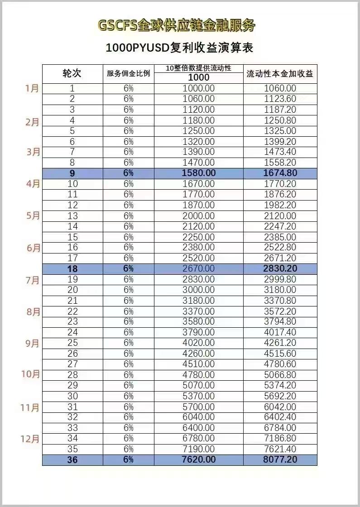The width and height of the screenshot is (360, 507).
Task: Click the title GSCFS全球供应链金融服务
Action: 176,25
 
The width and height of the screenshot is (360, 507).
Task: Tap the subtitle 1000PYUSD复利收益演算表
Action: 179,48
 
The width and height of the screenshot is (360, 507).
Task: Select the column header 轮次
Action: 72,74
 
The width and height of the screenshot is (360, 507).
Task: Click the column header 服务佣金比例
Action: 128,74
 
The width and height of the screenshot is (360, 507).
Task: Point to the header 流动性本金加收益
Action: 280,74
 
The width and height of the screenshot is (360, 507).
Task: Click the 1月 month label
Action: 32,88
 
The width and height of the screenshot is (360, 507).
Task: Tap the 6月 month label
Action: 33,248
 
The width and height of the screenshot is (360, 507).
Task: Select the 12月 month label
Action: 30,439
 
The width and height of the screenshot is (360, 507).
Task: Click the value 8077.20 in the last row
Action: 280,459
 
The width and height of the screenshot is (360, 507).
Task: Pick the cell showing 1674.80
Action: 280,173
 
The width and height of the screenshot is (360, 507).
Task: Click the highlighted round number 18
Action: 72,268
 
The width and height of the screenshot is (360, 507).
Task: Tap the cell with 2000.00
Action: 198,215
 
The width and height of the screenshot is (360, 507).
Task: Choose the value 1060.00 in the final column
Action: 280,88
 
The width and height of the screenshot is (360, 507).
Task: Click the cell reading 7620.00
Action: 198,459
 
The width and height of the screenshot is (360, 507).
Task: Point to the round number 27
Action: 72,364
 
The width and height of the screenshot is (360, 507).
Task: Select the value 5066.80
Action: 280,375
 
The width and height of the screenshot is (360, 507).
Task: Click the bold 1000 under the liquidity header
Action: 198,77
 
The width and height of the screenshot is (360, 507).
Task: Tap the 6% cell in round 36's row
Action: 128,459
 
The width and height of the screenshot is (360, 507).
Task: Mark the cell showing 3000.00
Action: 198,290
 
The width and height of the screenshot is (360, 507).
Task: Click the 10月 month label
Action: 30,374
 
